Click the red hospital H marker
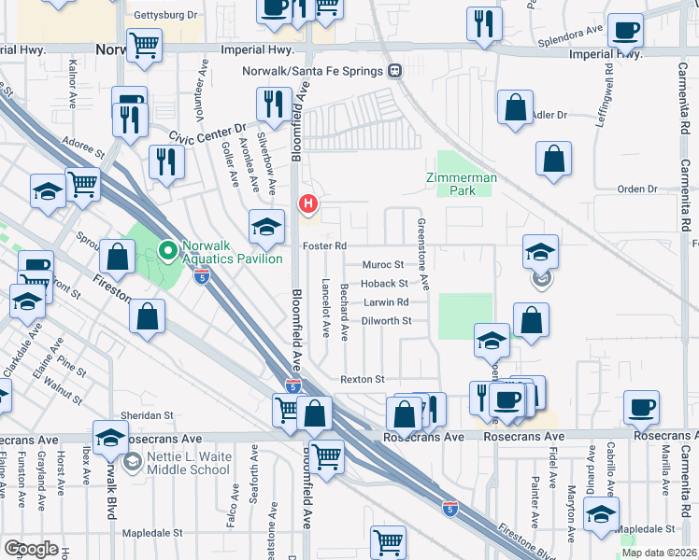pos(307,204)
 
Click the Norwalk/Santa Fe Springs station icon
pos(395,71)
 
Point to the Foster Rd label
pos(324,246)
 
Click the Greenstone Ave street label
pos(422,253)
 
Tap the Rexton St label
pos(363,380)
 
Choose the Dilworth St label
pos(387,320)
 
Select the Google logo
pos(31,549)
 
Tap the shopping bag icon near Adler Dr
pos(515,108)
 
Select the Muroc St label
pos(382,265)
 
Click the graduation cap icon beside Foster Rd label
pos(266,226)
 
